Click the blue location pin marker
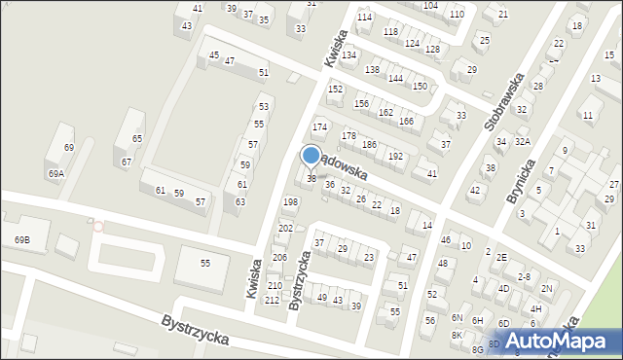click(x=311, y=156)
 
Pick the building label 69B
click(x=21, y=239)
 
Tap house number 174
click(x=318, y=127)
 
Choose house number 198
click(x=289, y=201)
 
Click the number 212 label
click(x=272, y=300)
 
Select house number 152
click(x=335, y=89)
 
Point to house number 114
click(x=364, y=18)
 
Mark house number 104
click(x=430, y=6)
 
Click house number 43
click(x=186, y=25)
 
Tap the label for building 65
click(x=137, y=139)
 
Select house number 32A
click(x=523, y=141)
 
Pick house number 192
click(x=395, y=156)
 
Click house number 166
click(x=406, y=121)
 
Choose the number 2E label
click(x=501, y=257)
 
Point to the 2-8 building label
click(x=524, y=276)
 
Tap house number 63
click(x=240, y=201)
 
